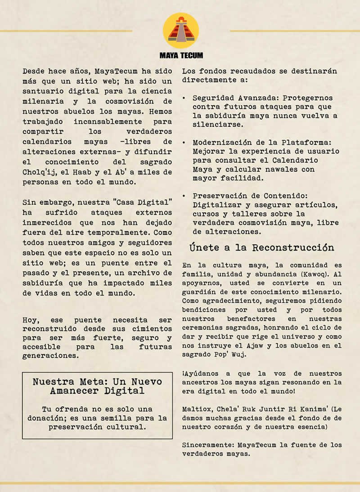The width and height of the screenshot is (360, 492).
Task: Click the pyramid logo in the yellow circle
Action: tap(181, 31)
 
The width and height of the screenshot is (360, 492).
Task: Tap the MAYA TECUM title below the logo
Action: tap(181, 55)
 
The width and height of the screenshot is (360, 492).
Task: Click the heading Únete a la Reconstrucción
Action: tap(262, 248)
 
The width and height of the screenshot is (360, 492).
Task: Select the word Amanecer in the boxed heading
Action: tap(71, 390)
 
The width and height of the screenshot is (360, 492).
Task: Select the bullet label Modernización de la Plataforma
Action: tap(266, 142)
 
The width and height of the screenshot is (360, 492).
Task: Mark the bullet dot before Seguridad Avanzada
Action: tap(184, 98)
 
